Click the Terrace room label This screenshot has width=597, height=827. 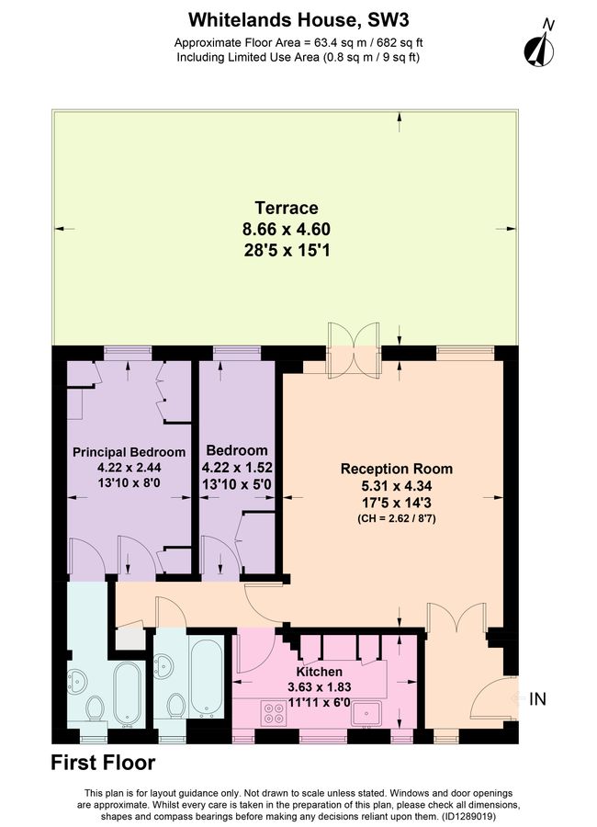click(x=287, y=208)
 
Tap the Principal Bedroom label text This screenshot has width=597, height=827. click(x=129, y=452)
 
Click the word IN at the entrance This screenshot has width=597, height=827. click(x=537, y=699)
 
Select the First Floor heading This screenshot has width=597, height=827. click(x=103, y=763)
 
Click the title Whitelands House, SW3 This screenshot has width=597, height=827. click(x=298, y=18)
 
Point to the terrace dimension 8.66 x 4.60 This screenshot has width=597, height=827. click(x=287, y=229)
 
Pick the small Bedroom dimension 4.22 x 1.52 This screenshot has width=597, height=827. click(x=237, y=468)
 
